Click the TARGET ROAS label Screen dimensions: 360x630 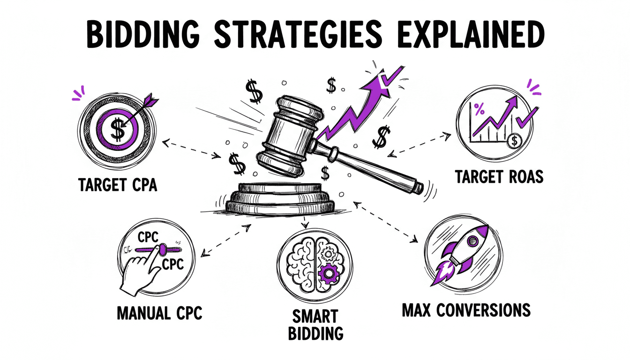click(x=499, y=177)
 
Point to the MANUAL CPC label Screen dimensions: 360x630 click(x=159, y=312)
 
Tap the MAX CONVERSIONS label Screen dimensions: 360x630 click(x=466, y=310)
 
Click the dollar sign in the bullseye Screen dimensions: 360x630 click(x=119, y=130)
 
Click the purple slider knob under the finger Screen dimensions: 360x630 click(x=161, y=249)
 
